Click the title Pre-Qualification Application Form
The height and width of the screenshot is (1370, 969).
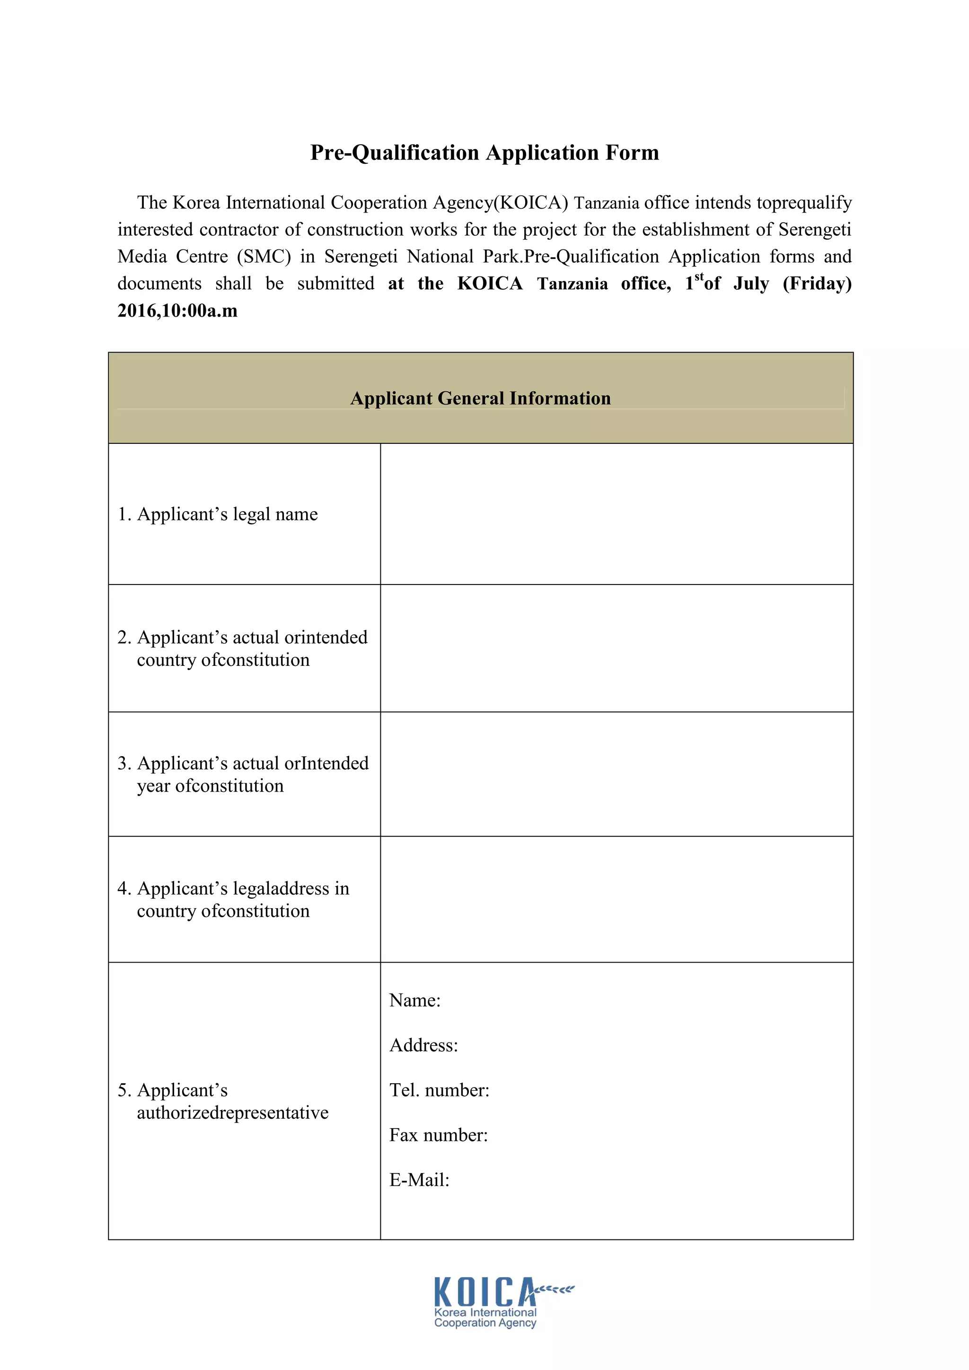[484, 153]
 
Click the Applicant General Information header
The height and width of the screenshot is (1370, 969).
[480, 398]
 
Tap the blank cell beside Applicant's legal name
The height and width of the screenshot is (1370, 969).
[617, 514]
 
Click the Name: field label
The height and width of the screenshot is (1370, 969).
[414, 1000]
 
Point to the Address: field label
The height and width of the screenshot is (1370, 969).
[423, 1045]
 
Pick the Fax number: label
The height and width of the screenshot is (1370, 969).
[439, 1134]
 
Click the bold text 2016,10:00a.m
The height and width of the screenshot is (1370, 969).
[177, 311]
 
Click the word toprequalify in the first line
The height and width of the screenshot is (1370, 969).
[804, 203]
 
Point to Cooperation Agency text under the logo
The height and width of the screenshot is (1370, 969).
[485, 1323]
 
